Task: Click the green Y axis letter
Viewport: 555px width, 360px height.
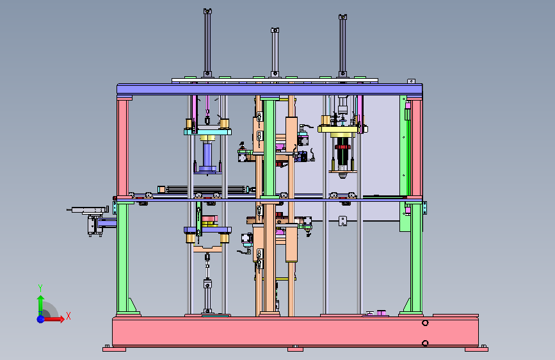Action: coord(40,288)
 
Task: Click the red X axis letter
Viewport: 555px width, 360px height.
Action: coord(68,316)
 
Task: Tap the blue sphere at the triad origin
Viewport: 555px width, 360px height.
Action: coord(41,319)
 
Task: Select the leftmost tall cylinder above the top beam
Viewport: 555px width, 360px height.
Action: coord(207,42)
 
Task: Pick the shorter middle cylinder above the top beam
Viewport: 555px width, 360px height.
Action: coord(275,53)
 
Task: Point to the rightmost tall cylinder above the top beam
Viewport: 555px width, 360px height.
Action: coord(342,45)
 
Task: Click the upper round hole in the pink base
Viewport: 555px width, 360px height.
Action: coord(425,323)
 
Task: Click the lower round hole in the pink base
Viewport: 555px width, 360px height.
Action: coord(425,343)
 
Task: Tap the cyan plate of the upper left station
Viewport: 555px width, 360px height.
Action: coord(208,132)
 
